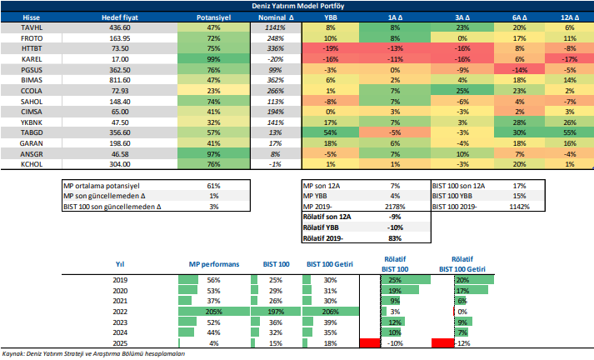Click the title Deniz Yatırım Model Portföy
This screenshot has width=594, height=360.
297,5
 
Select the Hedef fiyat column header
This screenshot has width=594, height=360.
119,17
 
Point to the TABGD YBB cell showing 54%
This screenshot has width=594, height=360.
331,132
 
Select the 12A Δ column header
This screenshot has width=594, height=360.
570,17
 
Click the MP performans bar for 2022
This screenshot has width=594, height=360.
212,310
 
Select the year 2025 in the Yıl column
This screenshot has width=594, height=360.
119,342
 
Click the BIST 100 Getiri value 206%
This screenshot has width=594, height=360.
331,310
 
